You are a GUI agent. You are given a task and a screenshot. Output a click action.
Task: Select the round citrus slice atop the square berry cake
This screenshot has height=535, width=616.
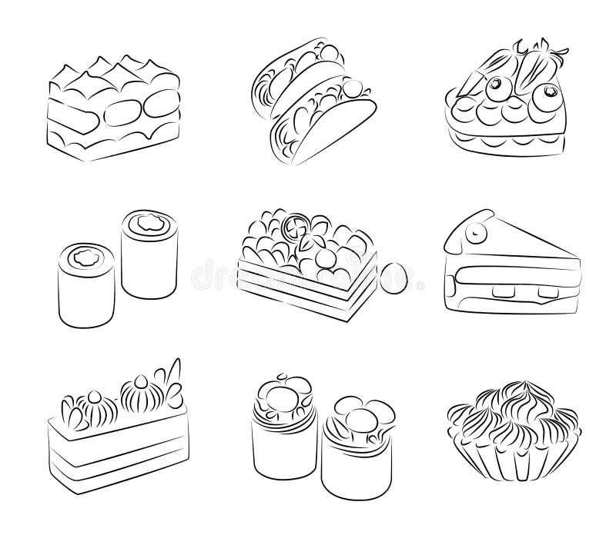(x=294, y=229)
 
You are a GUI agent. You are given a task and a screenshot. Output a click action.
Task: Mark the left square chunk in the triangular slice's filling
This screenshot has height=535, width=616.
(x=507, y=290)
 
